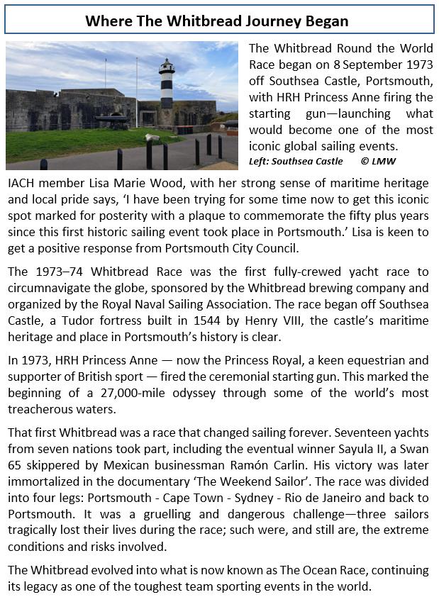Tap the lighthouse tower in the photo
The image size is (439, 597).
pos(166,89)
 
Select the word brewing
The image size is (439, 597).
pos(326,288)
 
